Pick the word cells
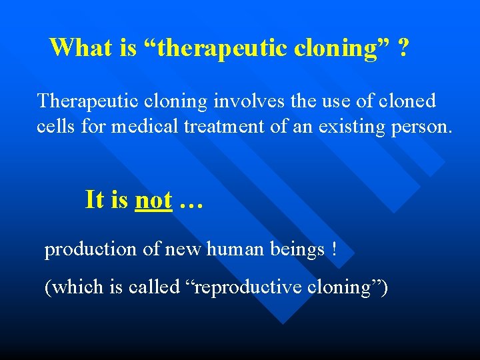(56, 127)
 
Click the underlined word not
(153, 199)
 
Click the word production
(90, 250)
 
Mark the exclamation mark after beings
(333, 249)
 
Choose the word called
(153, 287)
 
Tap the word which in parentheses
(76, 287)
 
